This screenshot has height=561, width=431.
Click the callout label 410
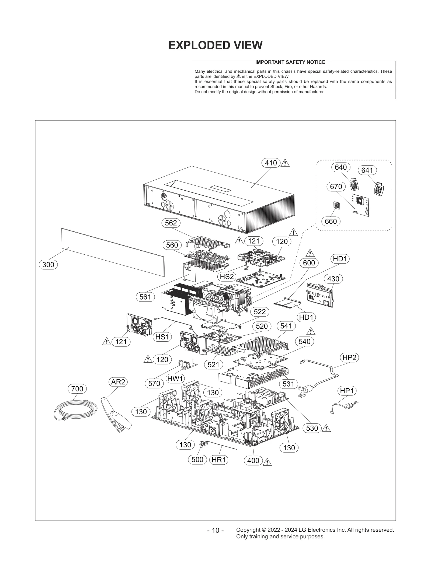coord(271,163)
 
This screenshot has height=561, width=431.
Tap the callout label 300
coord(48,265)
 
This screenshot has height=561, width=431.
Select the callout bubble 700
coord(77,389)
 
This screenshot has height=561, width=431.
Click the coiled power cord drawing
coord(75,410)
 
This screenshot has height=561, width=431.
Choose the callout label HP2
coord(349,358)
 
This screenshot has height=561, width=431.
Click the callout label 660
coord(331,221)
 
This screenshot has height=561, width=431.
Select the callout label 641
coord(367,170)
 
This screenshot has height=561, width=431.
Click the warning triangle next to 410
coord(285,163)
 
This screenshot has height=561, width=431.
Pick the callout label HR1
coord(218,460)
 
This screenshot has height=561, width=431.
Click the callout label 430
coord(333,279)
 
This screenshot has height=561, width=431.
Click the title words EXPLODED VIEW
coord(215,45)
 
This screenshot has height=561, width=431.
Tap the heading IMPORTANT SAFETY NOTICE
coord(290,62)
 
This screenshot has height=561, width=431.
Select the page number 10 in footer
coord(215,530)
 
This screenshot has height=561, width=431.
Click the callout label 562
coord(171,223)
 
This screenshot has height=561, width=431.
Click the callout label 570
coord(154,383)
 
